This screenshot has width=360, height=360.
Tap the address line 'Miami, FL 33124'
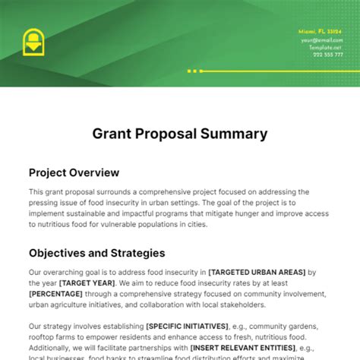321,31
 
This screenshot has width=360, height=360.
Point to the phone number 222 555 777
327,54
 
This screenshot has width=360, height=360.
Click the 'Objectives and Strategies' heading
96,253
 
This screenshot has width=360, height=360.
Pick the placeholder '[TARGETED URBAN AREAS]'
258,272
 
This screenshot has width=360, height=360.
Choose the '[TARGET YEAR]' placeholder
95,283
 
